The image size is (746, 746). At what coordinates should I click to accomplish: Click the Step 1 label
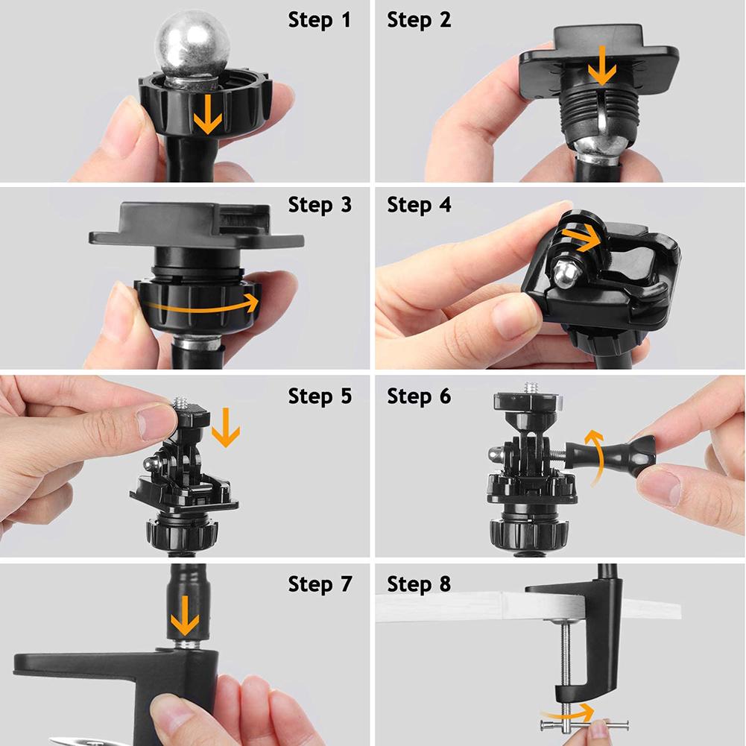tap(319, 21)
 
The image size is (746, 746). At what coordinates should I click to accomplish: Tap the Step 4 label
tap(419, 205)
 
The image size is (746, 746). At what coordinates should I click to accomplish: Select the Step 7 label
tap(319, 585)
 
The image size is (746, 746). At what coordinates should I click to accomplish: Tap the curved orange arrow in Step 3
tap(201, 304)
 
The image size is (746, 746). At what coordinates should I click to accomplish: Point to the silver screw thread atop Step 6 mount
tap(531, 388)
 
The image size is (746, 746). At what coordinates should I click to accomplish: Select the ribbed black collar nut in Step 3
tap(197, 306)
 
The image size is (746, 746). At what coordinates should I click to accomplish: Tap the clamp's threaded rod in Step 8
tap(566, 656)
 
